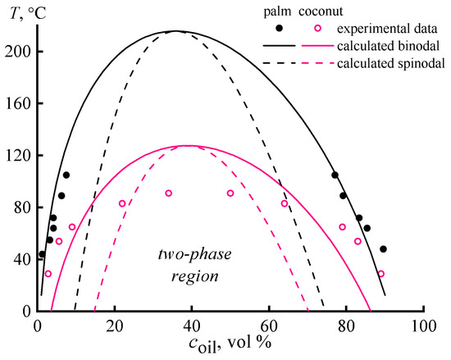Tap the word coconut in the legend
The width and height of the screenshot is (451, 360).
point(308,11)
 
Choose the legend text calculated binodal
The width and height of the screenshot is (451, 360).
point(382,43)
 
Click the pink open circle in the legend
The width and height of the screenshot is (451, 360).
point(307,27)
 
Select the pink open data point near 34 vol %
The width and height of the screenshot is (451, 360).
point(168,194)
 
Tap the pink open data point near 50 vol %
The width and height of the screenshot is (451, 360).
point(230,194)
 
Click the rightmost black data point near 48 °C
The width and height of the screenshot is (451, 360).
point(383,249)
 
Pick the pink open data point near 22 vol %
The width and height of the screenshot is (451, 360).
point(122,203)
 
